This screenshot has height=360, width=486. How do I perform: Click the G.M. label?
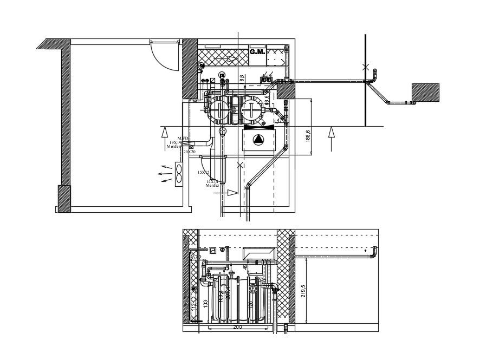(x=257, y=52)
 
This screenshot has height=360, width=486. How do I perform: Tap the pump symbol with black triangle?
(x=259, y=140)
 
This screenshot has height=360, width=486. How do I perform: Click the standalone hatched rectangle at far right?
(x=425, y=93)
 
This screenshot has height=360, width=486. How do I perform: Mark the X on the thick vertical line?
(x=366, y=67)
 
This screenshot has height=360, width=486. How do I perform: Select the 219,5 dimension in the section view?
(x=303, y=290)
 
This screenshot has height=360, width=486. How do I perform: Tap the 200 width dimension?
(x=237, y=327)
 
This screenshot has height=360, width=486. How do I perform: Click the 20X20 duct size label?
(x=189, y=152)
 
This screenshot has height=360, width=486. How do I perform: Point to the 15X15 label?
(x=203, y=172)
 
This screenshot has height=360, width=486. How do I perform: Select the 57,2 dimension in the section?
(x=197, y=257)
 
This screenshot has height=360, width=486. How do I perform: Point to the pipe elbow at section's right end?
(x=374, y=252)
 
